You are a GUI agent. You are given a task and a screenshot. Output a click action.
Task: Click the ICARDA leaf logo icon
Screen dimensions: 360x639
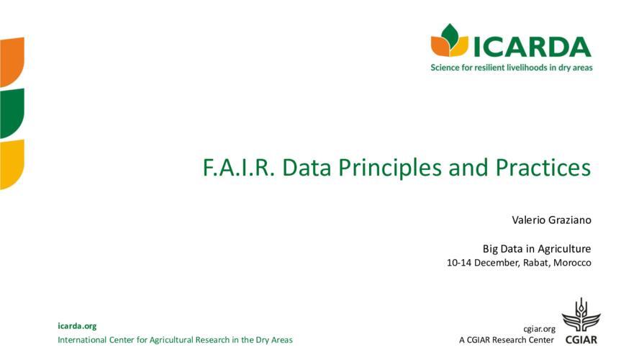pos(449,41)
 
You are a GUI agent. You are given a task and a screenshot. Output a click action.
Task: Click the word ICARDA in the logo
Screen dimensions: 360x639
pos(532,45)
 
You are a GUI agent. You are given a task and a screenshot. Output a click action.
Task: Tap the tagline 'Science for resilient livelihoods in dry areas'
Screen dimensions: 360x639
pos(512,68)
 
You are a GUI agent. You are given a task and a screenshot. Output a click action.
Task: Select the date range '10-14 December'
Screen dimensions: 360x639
pos(482,263)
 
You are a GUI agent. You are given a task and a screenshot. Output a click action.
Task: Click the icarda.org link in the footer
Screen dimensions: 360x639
pos(77,326)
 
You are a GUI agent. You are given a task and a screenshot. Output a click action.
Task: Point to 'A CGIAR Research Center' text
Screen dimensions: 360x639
pos(507,340)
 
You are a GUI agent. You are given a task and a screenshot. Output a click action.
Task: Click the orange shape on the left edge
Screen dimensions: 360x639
pos(12,60)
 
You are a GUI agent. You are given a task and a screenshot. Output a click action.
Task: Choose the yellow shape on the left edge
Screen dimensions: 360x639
pos(12,163)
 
